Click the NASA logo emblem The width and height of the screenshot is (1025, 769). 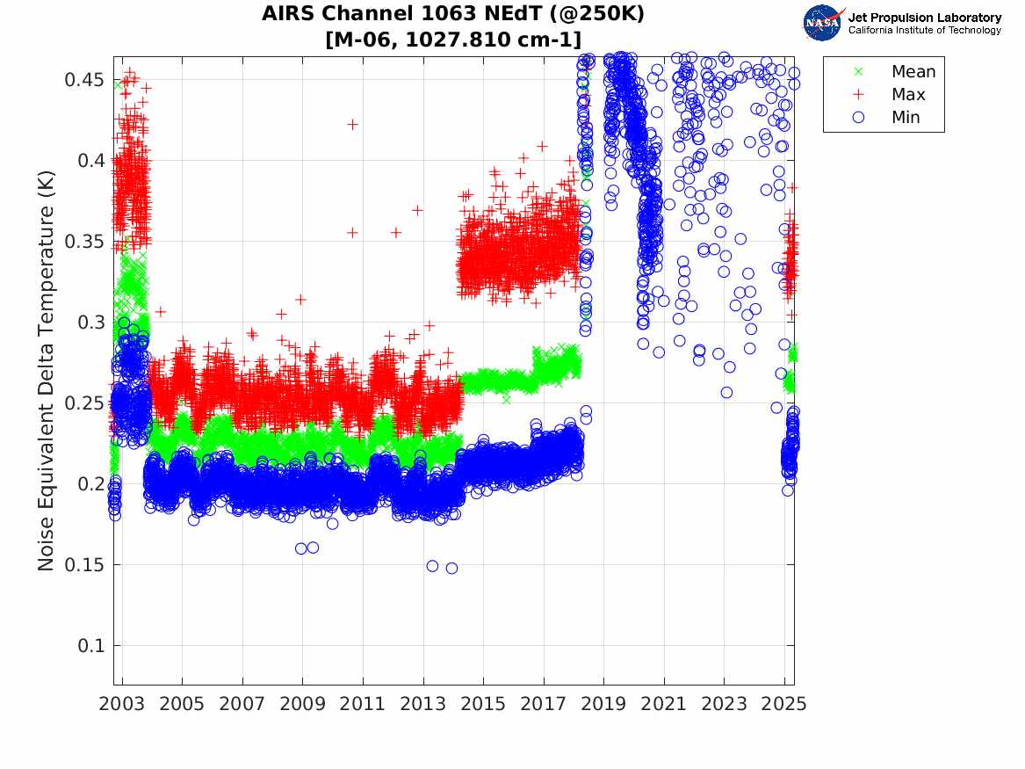(823, 23)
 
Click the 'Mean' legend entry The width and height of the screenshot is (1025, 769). (913, 72)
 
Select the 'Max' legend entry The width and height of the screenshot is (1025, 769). (907, 95)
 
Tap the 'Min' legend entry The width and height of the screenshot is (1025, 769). (906, 118)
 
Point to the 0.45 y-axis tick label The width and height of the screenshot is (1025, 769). (84, 80)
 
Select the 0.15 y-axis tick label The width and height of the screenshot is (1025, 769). (84, 565)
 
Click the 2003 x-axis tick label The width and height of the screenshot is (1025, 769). (122, 704)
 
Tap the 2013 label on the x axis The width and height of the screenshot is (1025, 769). (423, 704)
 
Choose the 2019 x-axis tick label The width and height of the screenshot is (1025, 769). (604, 704)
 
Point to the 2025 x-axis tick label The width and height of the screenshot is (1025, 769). (784, 704)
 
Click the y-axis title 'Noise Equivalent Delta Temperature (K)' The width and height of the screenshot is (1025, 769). (47, 371)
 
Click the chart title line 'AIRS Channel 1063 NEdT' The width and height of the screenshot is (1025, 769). (453, 14)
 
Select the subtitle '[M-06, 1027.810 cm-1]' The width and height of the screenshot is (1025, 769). (453, 40)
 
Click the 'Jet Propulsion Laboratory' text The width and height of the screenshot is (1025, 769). (925, 18)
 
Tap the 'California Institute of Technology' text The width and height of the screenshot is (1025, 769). (925, 31)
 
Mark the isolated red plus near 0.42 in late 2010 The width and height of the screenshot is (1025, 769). (352, 125)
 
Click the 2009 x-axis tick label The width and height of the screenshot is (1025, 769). (303, 704)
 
